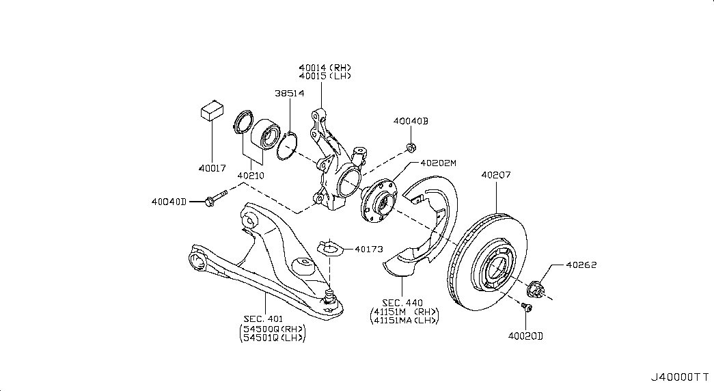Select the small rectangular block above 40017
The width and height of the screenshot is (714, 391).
pos(212,111)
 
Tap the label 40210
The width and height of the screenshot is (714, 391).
pos(251,175)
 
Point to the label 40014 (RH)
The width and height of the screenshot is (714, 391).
pos(325,68)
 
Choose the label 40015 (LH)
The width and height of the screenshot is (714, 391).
pos(325,76)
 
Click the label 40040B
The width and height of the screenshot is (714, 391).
pos(410,121)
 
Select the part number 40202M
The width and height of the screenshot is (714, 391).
pos(438,163)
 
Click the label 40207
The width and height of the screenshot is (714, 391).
pos(496,175)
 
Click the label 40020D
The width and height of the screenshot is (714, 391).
pos(525,336)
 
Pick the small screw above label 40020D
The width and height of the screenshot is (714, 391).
pos(526,308)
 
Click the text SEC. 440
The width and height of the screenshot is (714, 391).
pos(402,303)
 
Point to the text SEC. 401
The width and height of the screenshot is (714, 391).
pos(263,318)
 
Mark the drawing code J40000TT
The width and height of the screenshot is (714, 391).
pos(680,377)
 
